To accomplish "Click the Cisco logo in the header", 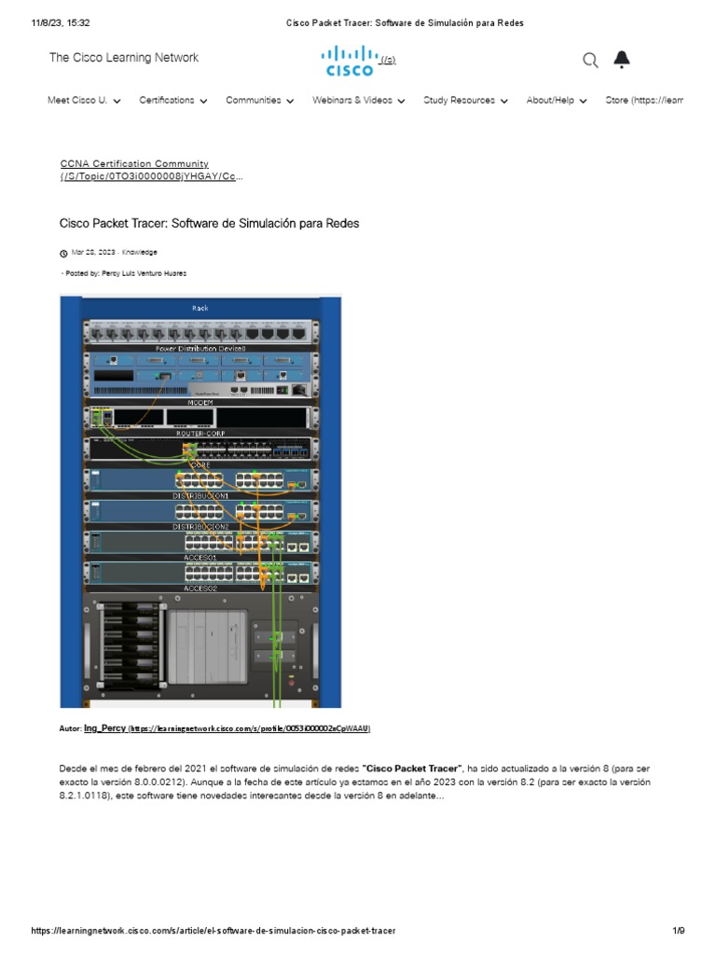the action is tap(350, 61).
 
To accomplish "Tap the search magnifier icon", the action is tap(590, 61).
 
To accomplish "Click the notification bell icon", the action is tap(622, 61).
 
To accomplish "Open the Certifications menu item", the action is tap(172, 101).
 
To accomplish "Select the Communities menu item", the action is tap(259, 101).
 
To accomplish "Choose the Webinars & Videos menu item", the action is tap(358, 101).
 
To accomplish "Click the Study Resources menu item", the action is tap(465, 101).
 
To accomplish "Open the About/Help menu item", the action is tap(556, 101).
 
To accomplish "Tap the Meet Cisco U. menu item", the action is tap(84, 101).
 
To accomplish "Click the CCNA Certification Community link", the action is tap(134, 164).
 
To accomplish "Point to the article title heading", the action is tap(209, 224).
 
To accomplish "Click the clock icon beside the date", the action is tap(63, 253).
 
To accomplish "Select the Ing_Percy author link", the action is tap(104, 727).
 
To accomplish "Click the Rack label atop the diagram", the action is tap(200, 308).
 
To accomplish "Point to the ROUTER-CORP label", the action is tap(200, 434).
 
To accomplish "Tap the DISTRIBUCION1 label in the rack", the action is tap(200, 496).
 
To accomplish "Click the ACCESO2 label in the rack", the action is tap(200, 589).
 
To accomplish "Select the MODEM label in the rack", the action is tap(200, 403).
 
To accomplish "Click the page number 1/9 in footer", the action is tap(679, 931).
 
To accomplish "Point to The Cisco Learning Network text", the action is tap(124, 58).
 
